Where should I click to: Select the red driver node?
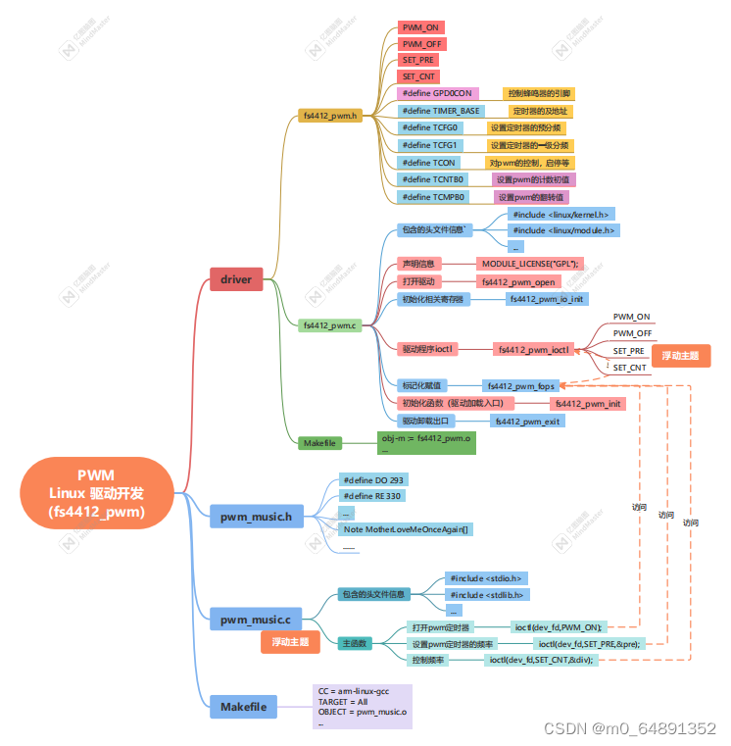(235, 279)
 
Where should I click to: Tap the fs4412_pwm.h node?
(329, 116)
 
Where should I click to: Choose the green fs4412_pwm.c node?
(329, 324)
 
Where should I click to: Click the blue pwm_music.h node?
(255, 516)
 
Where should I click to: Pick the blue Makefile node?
(242, 706)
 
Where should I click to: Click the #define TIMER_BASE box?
(441, 111)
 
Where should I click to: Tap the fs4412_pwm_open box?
(518, 281)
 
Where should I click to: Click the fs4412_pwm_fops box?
(519, 386)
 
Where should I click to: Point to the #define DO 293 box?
(372, 480)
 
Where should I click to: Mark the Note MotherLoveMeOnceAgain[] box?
(405, 529)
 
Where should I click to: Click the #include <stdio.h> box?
(486, 578)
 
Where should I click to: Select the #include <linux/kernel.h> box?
(560, 214)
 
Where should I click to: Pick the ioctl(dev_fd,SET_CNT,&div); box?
(541, 660)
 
